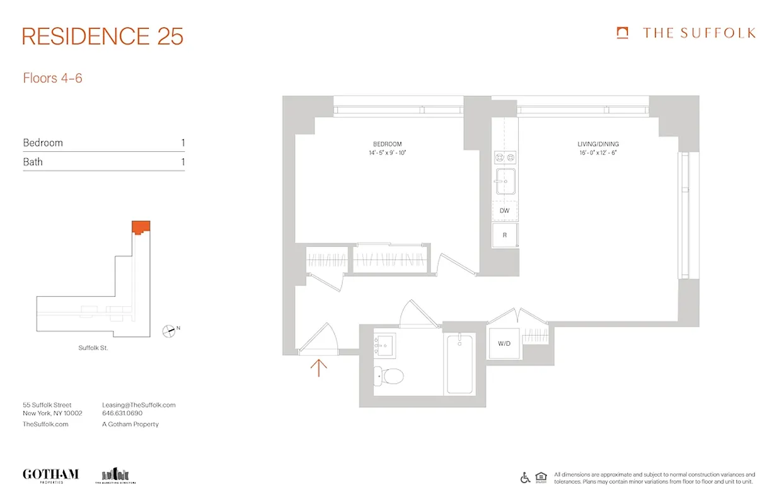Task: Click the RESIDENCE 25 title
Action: click(x=103, y=37)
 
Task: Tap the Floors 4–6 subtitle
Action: click(x=53, y=78)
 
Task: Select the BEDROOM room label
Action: click(x=387, y=144)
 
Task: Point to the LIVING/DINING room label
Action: click(x=598, y=144)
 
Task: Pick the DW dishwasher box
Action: click(x=504, y=210)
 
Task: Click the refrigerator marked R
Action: click(x=504, y=235)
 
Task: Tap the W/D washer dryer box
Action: click(x=504, y=344)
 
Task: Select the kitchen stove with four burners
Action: click(x=505, y=157)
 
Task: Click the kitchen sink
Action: click(x=505, y=181)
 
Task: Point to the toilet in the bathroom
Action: click(x=390, y=376)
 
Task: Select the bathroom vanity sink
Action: click(x=384, y=344)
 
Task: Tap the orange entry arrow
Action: click(x=319, y=367)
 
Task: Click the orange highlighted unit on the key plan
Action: click(x=141, y=227)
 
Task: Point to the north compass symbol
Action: click(x=170, y=329)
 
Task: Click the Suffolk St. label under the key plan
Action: click(x=93, y=348)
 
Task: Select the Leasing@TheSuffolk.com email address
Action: click(x=139, y=405)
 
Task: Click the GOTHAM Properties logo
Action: click(x=50, y=475)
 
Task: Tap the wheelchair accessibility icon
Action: click(x=525, y=478)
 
